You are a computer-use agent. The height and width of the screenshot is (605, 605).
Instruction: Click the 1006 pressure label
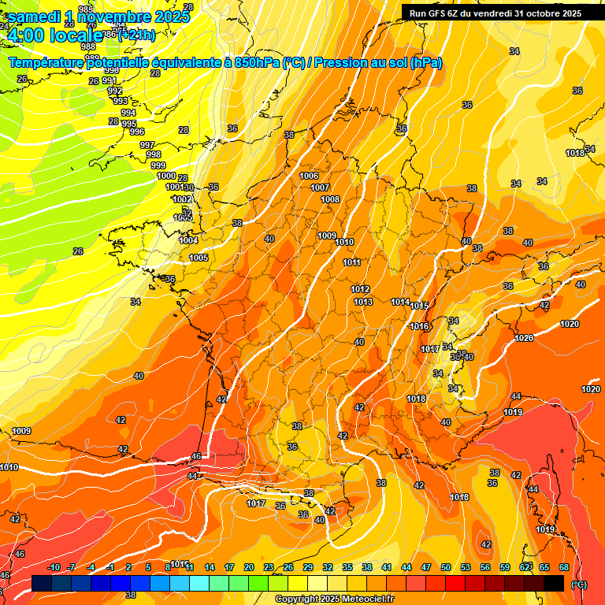[x=309, y=176]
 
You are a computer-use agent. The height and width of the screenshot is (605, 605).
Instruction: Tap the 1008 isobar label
[x=330, y=199]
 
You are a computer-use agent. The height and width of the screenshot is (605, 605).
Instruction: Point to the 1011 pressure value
[x=351, y=262]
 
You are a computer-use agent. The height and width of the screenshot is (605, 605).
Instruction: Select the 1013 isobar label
[x=362, y=302]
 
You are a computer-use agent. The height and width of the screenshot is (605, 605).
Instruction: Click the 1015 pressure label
[x=419, y=306]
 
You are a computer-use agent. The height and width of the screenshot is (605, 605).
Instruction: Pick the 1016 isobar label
[x=418, y=326]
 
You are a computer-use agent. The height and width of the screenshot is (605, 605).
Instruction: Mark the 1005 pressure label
[x=199, y=258]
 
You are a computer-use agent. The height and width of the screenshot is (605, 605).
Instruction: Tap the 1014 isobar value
[x=399, y=302]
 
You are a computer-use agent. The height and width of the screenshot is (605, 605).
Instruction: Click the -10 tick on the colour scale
[x=54, y=567]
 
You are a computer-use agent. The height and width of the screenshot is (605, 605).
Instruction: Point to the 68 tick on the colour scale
[x=564, y=567]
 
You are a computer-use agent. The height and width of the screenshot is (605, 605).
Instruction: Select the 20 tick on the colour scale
[x=249, y=567]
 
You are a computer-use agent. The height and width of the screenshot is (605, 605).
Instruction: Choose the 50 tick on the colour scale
[x=446, y=567]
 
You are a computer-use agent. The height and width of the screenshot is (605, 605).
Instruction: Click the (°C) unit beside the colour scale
[x=579, y=584]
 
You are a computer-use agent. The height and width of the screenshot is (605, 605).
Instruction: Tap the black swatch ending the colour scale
[x=554, y=583]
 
